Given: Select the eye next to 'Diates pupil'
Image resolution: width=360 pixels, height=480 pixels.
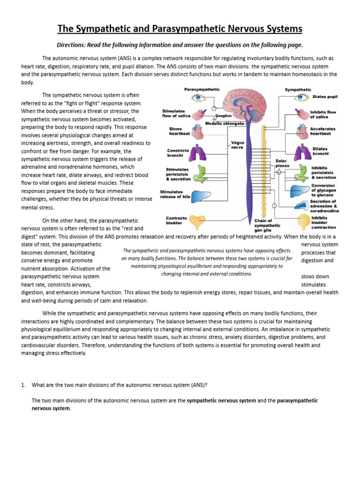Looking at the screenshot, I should click(x=299, y=98).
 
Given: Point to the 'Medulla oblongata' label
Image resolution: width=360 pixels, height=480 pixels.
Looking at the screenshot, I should click(x=225, y=124).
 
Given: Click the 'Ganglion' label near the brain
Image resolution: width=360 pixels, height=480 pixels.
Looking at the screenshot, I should click(x=224, y=116).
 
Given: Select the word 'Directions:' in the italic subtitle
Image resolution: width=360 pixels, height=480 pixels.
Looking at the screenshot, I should click(x=71, y=45).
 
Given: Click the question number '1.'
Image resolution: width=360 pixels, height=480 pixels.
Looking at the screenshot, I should click(x=23, y=385).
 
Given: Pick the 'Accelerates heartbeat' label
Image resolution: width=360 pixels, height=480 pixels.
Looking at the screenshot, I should click(x=323, y=131).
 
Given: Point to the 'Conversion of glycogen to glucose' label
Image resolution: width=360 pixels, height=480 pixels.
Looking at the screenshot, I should click(x=323, y=190).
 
